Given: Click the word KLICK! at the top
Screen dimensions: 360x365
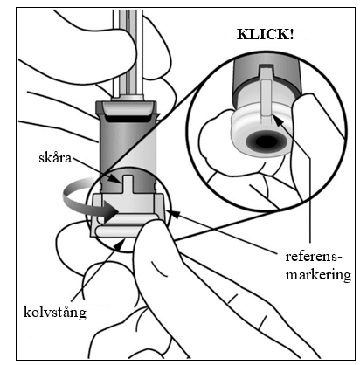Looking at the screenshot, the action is click(x=266, y=34).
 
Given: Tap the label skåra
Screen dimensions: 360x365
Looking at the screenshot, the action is click(x=55, y=158).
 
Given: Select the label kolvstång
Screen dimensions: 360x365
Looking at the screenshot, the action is click(x=55, y=313).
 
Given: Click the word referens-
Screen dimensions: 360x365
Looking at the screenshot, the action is click(x=313, y=257).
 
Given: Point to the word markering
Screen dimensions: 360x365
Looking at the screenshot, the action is click(x=318, y=275).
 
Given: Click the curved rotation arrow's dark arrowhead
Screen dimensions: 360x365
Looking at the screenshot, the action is click(x=111, y=213).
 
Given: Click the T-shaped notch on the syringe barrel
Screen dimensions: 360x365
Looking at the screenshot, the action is click(x=128, y=184).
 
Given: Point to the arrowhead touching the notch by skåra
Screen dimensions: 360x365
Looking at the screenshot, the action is click(x=117, y=179).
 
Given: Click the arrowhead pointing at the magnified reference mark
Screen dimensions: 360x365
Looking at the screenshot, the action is click(x=278, y=121).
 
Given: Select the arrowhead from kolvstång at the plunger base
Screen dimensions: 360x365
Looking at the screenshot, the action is click(x=121, y=244).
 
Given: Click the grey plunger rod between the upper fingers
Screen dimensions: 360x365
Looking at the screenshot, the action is click(x=128, y=52).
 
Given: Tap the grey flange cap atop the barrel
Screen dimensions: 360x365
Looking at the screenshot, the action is click(x=126, y=107).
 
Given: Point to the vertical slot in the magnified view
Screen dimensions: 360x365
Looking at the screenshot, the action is click(x=266, y=98).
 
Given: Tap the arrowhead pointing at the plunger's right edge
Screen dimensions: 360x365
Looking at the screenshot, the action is click(x=171, y=213).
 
